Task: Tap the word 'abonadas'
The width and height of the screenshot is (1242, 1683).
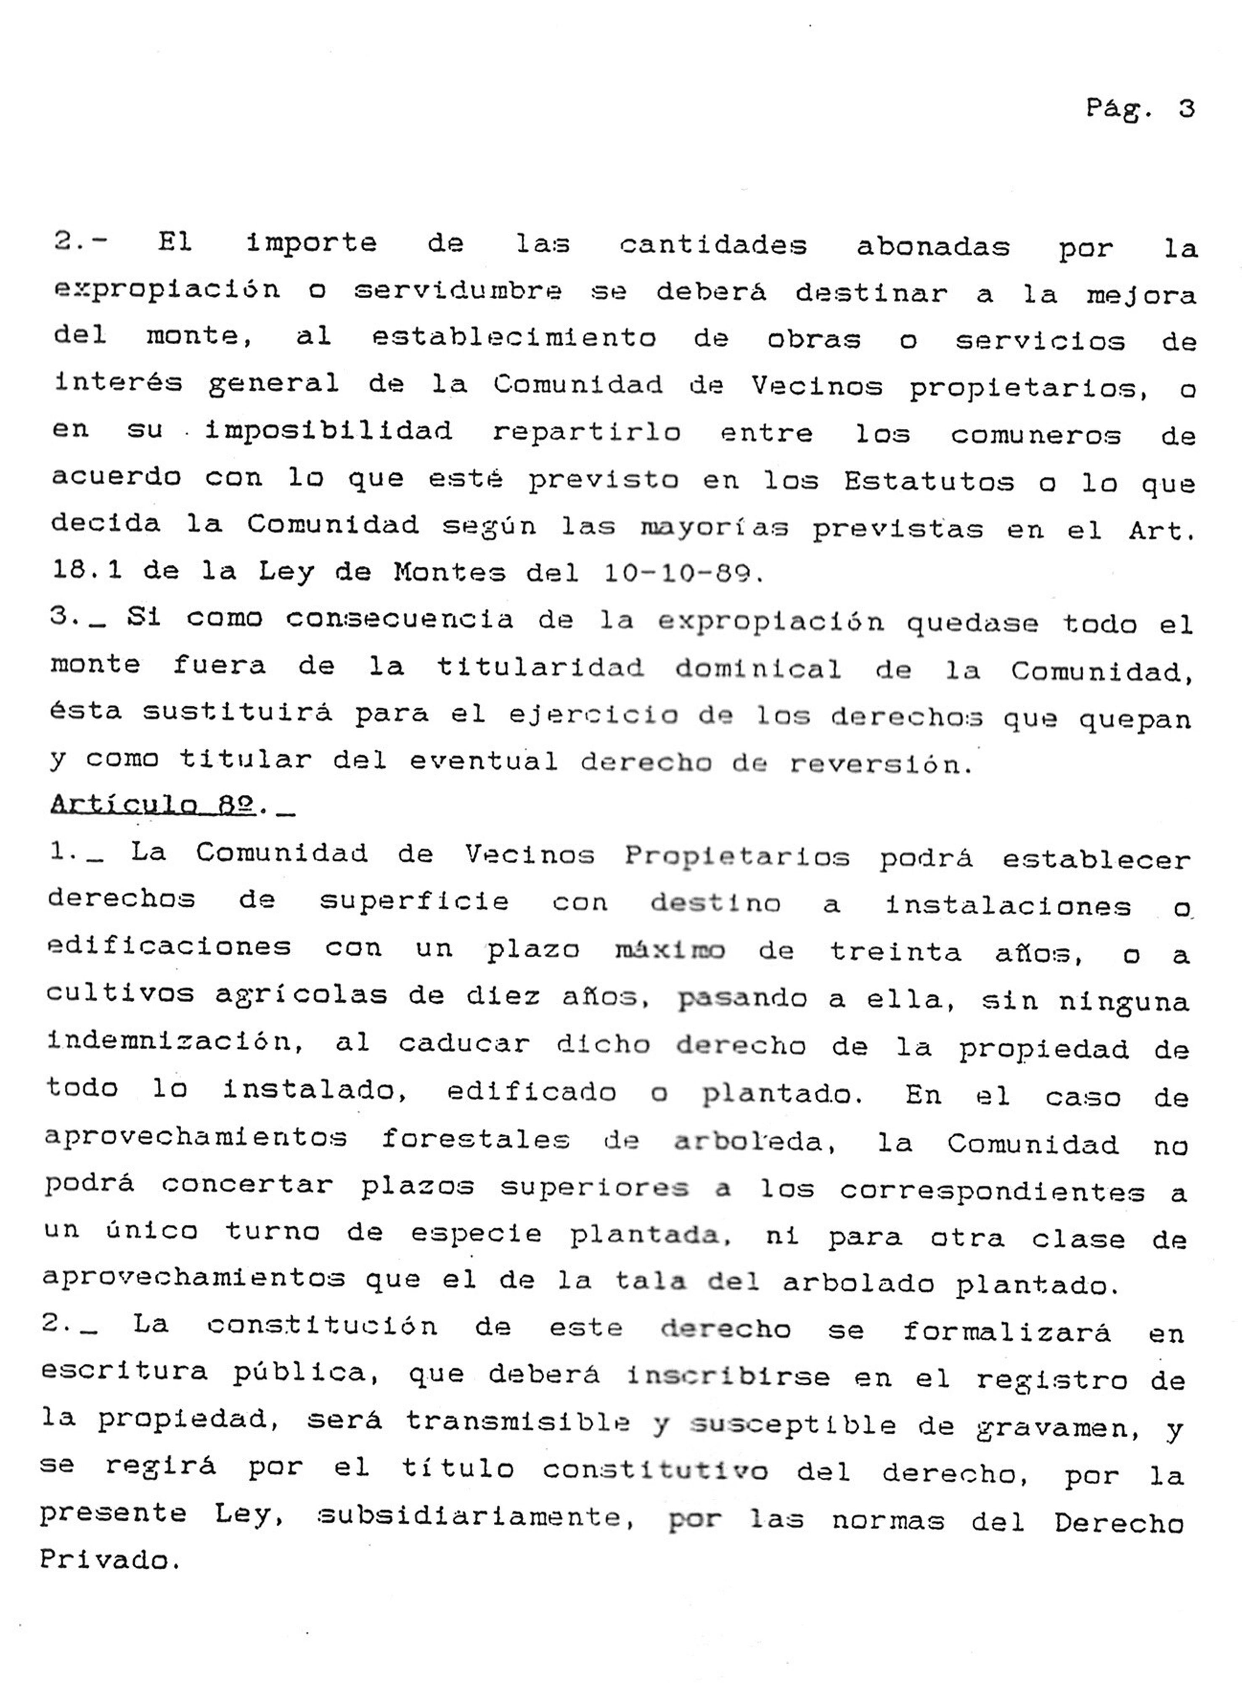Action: tap(933, 247)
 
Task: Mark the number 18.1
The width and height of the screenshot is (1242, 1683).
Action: tap(88, 571)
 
